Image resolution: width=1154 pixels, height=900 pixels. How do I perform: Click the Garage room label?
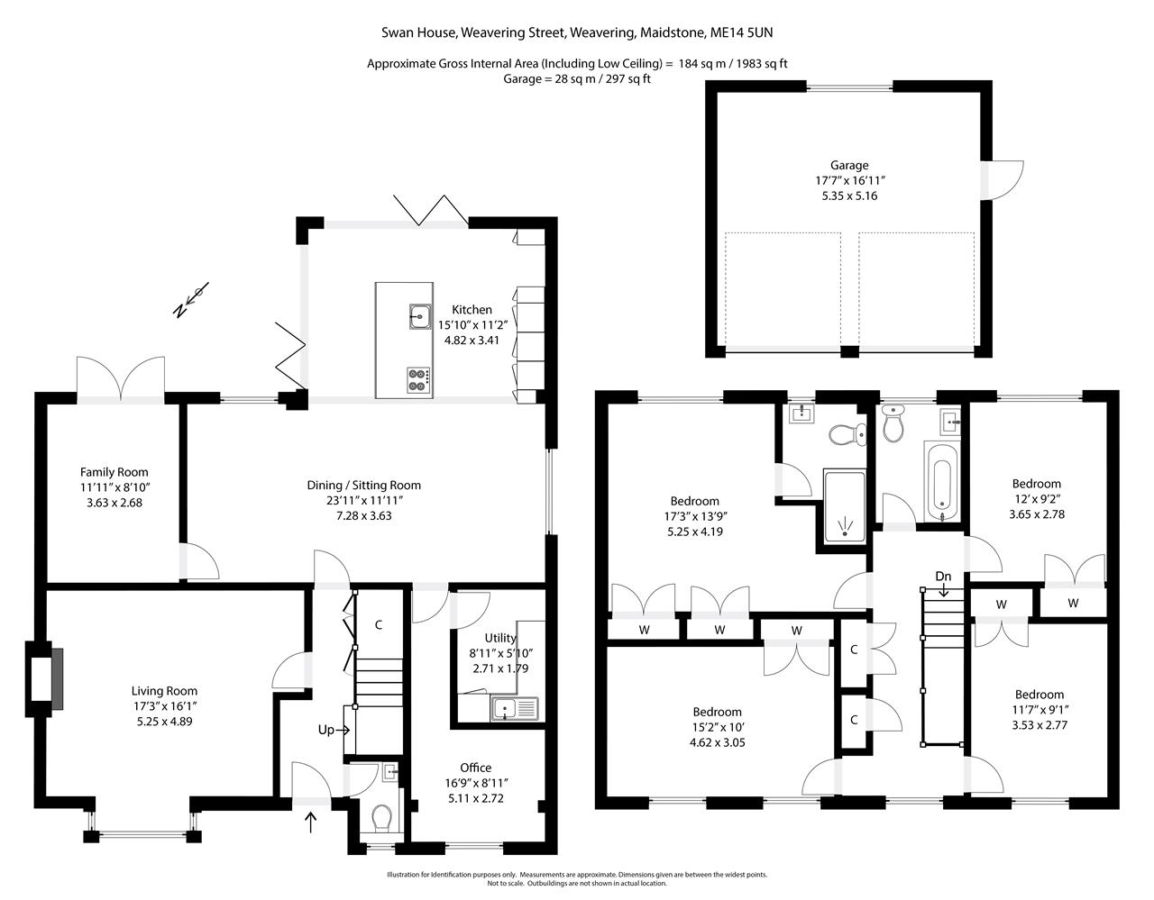849,165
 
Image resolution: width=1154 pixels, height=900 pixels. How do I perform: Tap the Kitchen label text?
472,309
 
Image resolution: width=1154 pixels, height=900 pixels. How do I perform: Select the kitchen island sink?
420,316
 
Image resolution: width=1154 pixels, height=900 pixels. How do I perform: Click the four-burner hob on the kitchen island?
419,380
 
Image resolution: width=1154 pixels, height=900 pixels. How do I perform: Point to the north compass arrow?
191,300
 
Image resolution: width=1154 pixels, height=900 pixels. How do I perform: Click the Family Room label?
114,472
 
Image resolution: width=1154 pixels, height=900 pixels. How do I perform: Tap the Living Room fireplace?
44,678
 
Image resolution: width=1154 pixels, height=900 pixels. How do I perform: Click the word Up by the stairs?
326,730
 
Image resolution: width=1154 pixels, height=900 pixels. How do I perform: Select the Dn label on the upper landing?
943,576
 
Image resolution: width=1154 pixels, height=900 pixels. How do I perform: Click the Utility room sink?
515,708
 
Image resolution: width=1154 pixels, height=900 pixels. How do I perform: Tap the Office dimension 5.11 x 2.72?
475,798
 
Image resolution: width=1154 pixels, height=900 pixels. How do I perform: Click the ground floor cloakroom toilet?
382,818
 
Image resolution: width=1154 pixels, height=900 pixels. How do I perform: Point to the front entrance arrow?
311,823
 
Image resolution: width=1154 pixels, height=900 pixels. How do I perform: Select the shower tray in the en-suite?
845,506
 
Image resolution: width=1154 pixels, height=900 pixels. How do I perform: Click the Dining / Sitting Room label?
363,485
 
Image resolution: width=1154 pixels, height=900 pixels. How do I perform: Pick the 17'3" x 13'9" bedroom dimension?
695,516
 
